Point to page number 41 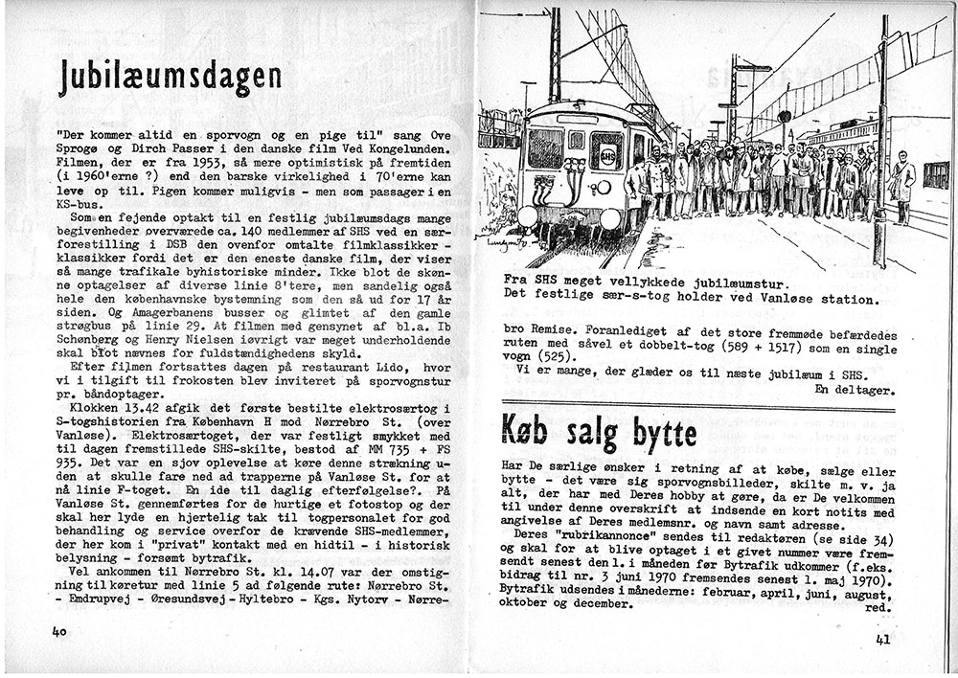coord(884,640)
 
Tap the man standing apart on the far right coord(902,187)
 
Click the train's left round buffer coord(528,216)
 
